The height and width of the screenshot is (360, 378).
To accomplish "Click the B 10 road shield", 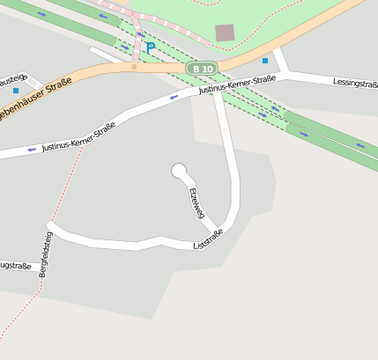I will click(200, 69).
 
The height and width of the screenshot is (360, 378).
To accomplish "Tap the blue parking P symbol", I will click(150, 47).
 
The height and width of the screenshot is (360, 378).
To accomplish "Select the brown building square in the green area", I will click(226, 33).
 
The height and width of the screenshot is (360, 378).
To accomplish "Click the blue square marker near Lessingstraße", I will click(265, 61).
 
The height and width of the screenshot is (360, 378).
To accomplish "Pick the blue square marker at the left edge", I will click(15, 91).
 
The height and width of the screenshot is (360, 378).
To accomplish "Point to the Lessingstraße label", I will click(355, 84).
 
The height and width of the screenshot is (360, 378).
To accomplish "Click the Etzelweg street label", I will click(196, 202).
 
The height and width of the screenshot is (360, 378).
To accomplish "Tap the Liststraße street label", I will click(208, 239).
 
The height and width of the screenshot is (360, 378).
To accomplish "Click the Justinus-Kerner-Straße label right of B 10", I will click(237, 84).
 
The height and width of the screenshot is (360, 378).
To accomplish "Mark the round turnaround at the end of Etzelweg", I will click(179, 170).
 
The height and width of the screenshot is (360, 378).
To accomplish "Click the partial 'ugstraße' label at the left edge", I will click(15, 266).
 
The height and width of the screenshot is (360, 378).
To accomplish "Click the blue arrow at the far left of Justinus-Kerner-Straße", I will click(33, 150).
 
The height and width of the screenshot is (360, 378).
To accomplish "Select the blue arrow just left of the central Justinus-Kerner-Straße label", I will click(174, 97).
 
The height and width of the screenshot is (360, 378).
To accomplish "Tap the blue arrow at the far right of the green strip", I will click(359, 144).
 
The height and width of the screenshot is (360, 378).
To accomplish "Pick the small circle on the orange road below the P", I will click(134, 66).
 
